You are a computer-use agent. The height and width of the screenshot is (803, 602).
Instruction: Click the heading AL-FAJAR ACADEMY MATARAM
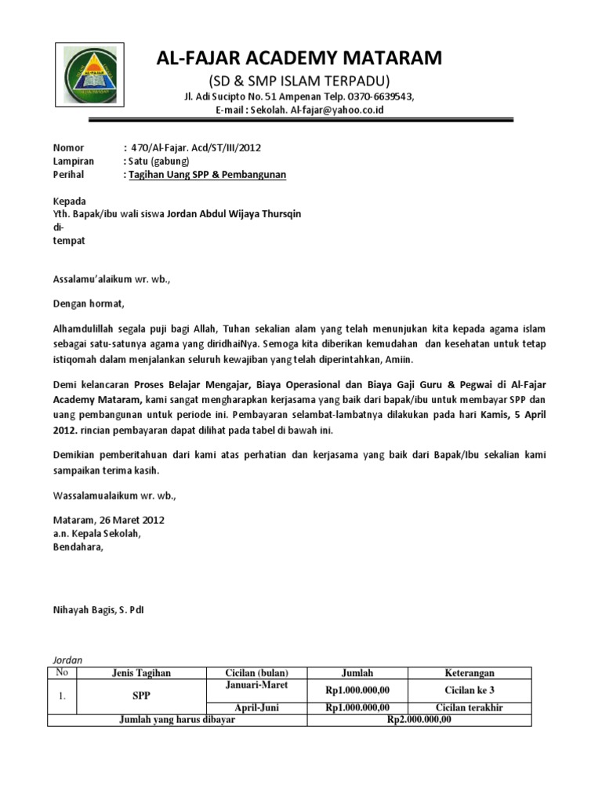point(299,57)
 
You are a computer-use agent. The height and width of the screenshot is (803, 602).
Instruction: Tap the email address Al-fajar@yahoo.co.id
point(337,110)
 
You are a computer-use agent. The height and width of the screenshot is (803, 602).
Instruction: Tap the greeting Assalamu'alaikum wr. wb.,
point(111,278)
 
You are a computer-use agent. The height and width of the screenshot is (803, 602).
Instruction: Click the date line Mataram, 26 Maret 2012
point(108,520)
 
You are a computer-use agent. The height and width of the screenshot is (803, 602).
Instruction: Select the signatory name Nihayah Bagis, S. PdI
point(98,609)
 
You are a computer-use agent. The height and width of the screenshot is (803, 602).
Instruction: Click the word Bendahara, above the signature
point(78,547)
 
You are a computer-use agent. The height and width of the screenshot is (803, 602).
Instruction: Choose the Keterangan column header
point(470,673)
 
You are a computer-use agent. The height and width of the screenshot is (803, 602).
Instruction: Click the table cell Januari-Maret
point(257,685)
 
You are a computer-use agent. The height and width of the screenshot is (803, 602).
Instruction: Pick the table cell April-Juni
point(257,707)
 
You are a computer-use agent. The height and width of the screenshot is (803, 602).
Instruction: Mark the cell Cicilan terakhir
point(470,707)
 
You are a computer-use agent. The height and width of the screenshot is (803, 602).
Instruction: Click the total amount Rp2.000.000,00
point(420,720)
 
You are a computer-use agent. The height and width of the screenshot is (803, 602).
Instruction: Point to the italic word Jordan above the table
point(67,660)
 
